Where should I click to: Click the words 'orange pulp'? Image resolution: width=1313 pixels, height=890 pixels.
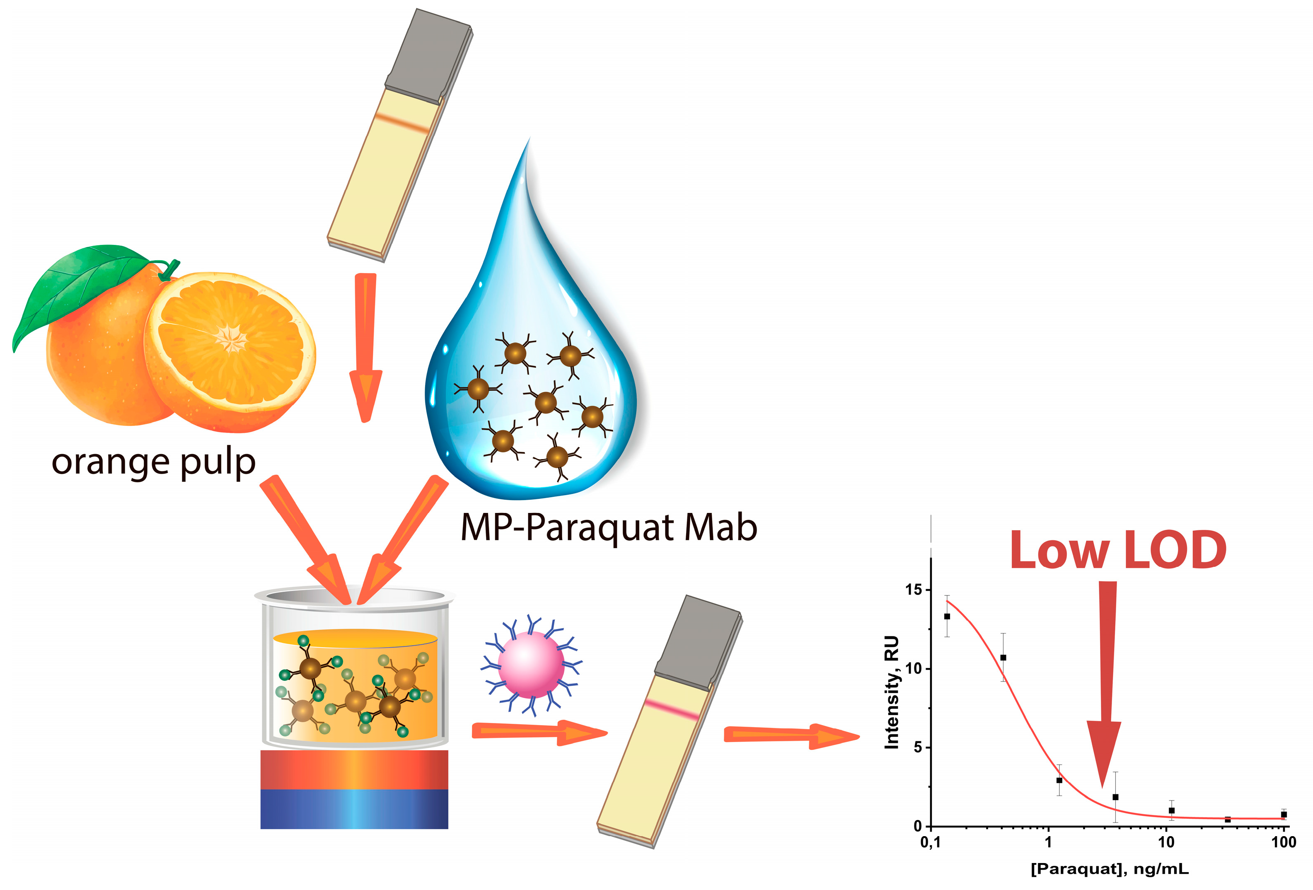point(153,462)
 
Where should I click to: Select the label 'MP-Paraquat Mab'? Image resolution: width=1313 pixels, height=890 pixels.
point(609,527)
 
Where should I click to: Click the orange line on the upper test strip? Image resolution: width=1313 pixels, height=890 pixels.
point(403,123)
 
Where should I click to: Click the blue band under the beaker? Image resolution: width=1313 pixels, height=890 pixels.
point(354,809)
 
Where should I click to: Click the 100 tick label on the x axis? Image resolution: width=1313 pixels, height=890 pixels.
point(1283,842)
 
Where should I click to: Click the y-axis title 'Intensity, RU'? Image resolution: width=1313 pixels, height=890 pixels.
point(892,692)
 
